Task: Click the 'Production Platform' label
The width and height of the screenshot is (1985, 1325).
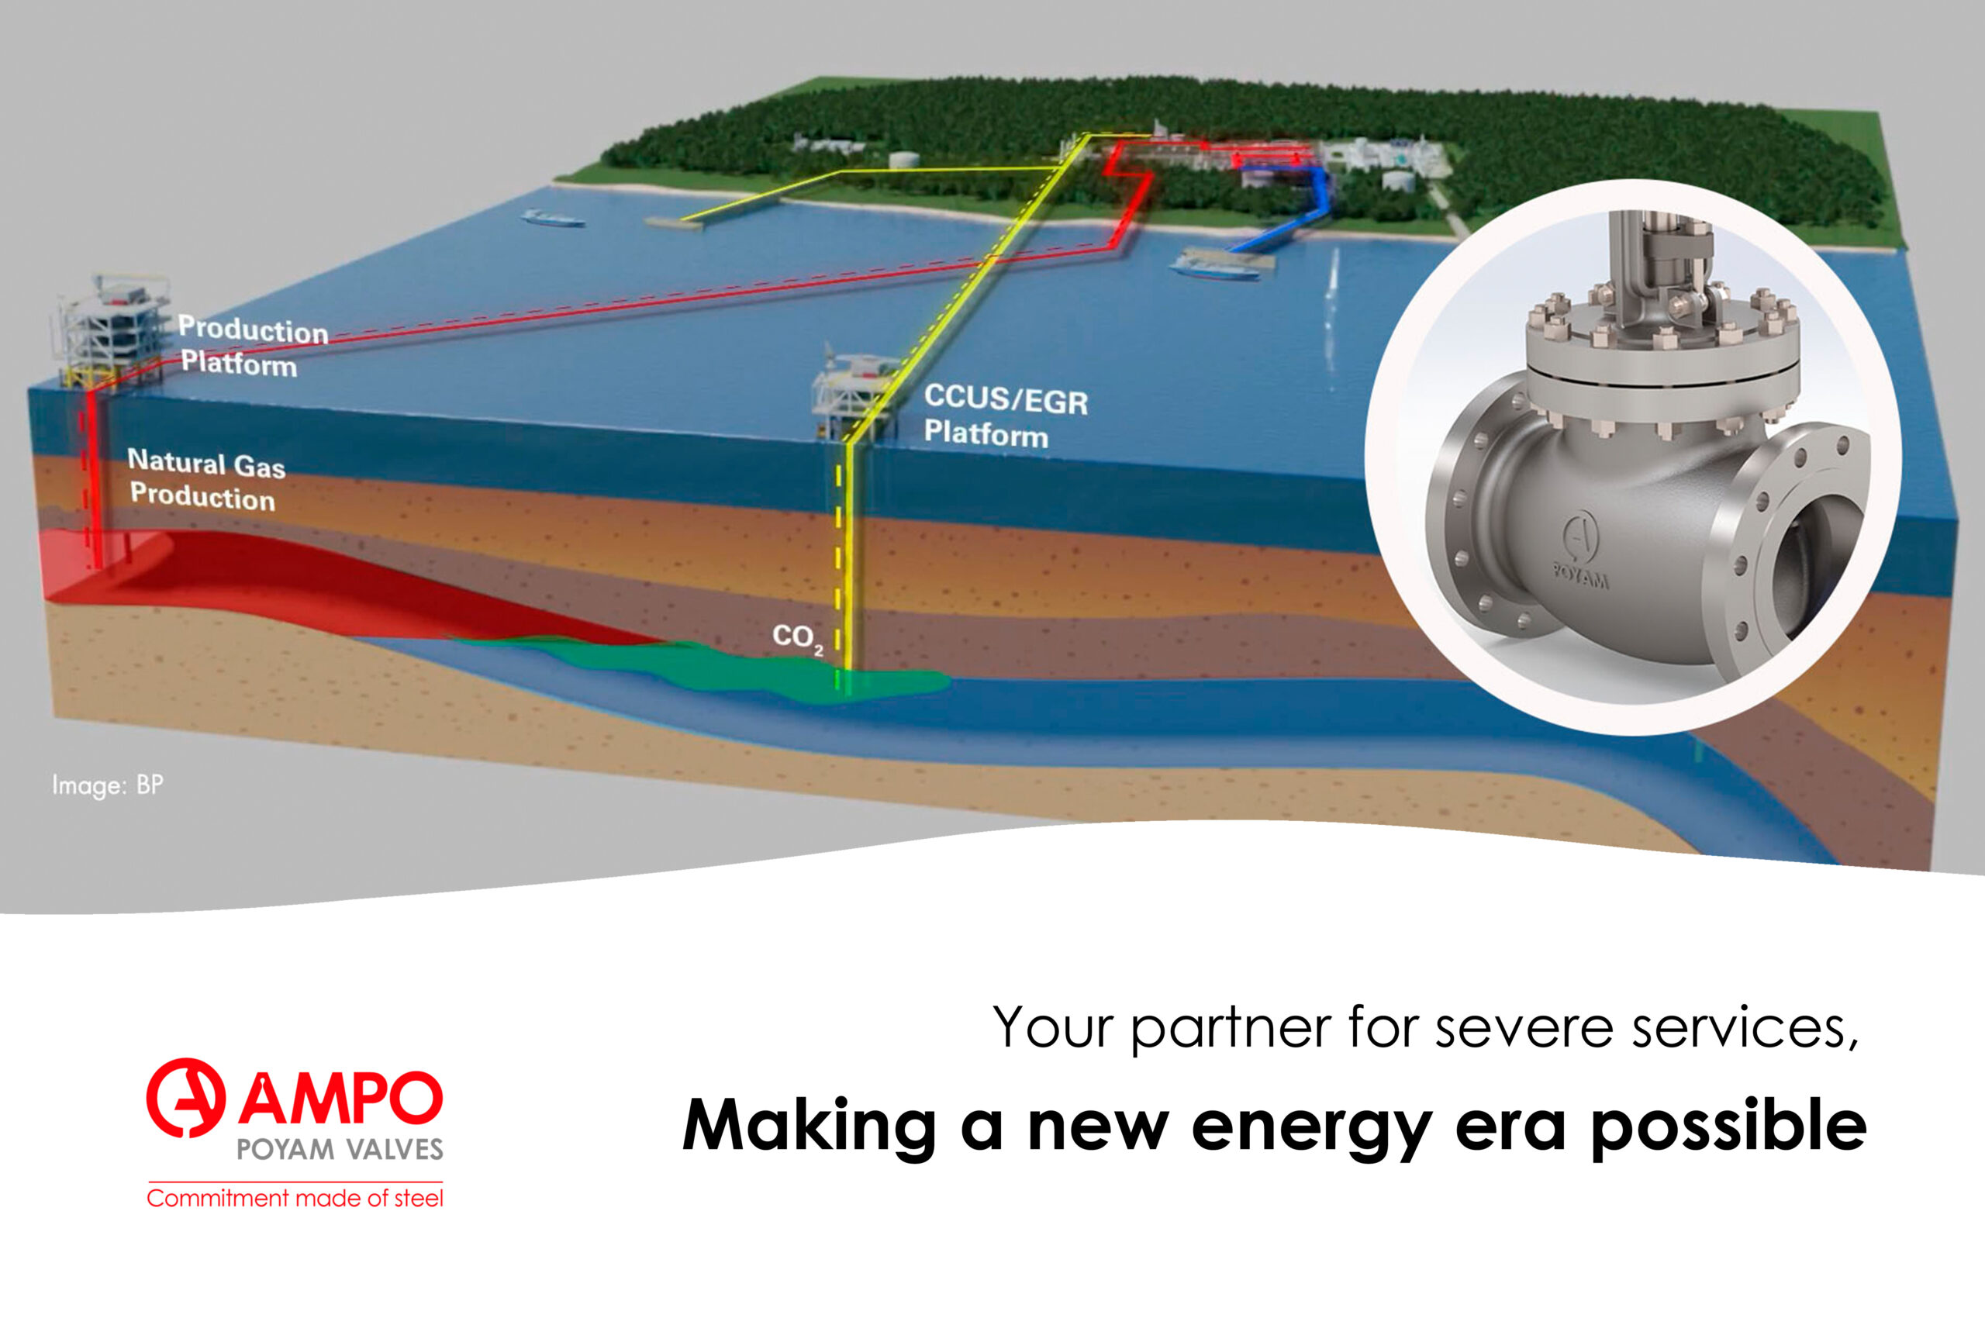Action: click(x=253, y=347)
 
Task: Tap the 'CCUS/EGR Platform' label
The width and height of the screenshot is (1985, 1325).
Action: click(x=1006, y=416)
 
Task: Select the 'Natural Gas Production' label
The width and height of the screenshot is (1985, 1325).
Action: click(x=206, y=480)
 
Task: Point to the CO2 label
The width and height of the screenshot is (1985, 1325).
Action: click(x=797, y=638)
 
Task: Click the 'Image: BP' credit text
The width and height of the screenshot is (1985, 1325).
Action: click(x=107, y=785)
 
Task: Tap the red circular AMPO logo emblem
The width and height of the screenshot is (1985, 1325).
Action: click(x=186, y=1098)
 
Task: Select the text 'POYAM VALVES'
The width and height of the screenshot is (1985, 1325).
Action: click(x=340, y=1150)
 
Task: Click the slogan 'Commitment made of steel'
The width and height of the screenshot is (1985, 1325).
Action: click(x=295, y=1199)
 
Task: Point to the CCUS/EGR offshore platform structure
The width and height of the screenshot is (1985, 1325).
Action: click(x=854, y=394)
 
